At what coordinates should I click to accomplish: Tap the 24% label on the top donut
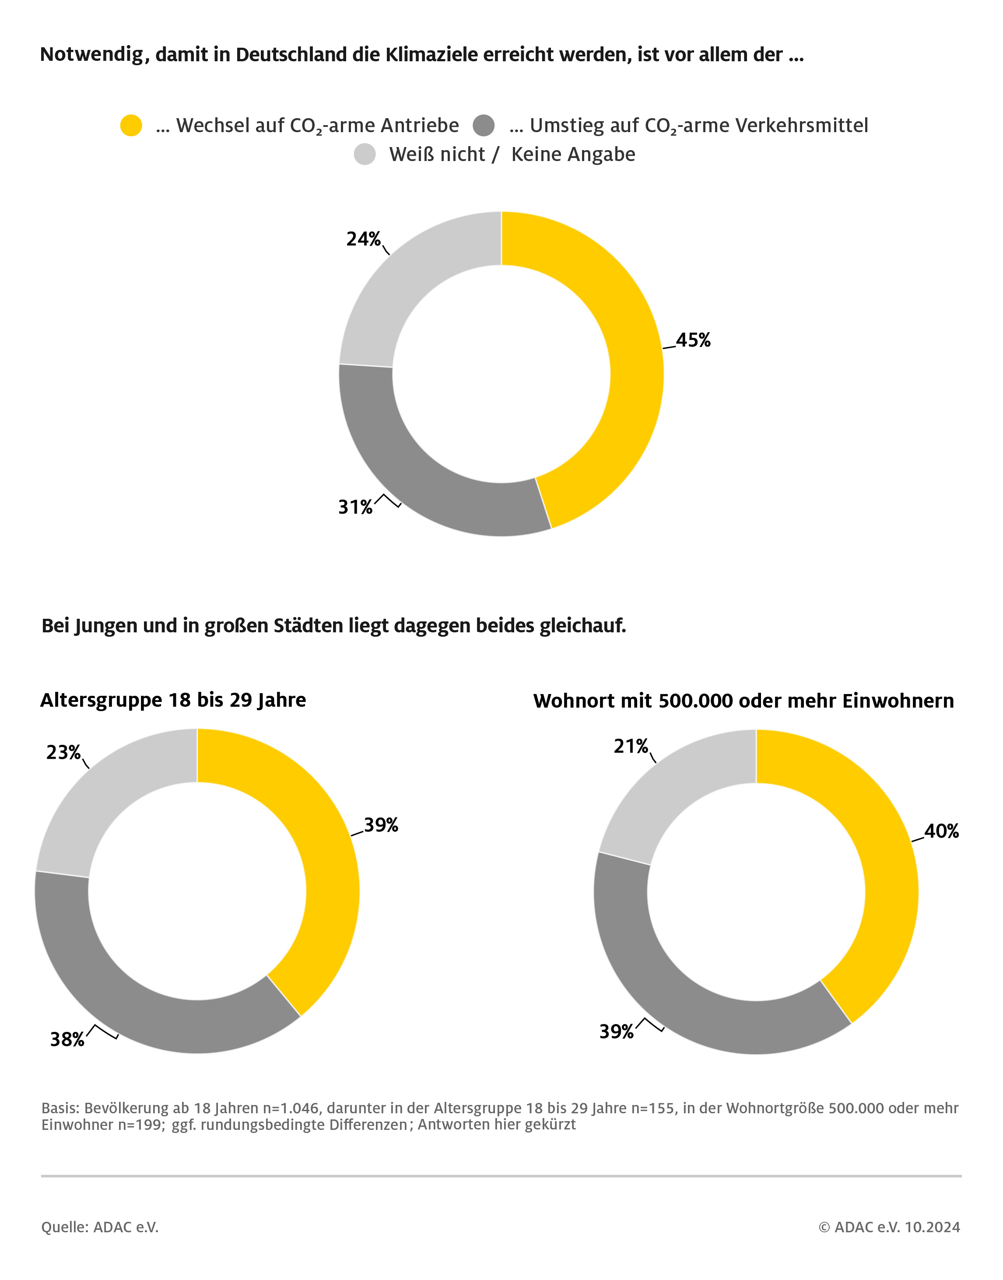coord(363,239)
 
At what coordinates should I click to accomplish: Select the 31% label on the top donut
coord(355,507)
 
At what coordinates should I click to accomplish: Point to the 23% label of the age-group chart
coord(63,752)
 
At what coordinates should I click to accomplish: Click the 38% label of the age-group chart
coord(67,1039)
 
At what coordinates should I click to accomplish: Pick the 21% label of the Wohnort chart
coord(631,746)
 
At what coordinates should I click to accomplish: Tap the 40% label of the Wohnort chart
coord(941,831)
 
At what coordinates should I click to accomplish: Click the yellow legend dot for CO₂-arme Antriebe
coord(131,126)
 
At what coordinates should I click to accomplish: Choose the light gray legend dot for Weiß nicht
coord(365,154)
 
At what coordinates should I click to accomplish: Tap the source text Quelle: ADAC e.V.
coord(100,1227)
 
